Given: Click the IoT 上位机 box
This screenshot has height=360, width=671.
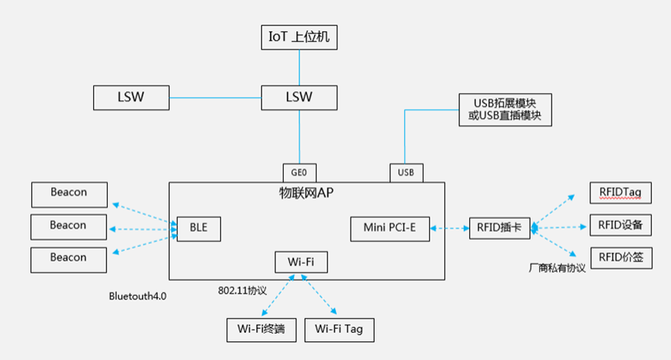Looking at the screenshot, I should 299,36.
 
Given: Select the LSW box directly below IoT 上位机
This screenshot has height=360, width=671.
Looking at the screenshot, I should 299,98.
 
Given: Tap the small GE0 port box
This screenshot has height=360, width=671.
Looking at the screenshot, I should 299,172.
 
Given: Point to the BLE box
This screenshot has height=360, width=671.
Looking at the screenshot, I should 199,228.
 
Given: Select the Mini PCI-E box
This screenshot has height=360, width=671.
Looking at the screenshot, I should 389,228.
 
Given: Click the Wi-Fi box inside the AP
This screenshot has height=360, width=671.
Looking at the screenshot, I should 301,261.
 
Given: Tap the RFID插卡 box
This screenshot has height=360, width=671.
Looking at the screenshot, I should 500,228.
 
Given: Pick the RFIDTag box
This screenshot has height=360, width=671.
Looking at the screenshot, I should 620,192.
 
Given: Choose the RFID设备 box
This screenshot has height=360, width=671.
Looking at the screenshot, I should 620,225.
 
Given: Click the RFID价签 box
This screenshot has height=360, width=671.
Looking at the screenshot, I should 620,258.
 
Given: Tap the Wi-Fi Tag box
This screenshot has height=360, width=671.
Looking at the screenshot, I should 339,330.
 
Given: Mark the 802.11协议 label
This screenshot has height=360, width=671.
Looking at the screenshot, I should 243,290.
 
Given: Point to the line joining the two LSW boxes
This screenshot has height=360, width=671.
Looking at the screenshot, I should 215,98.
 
